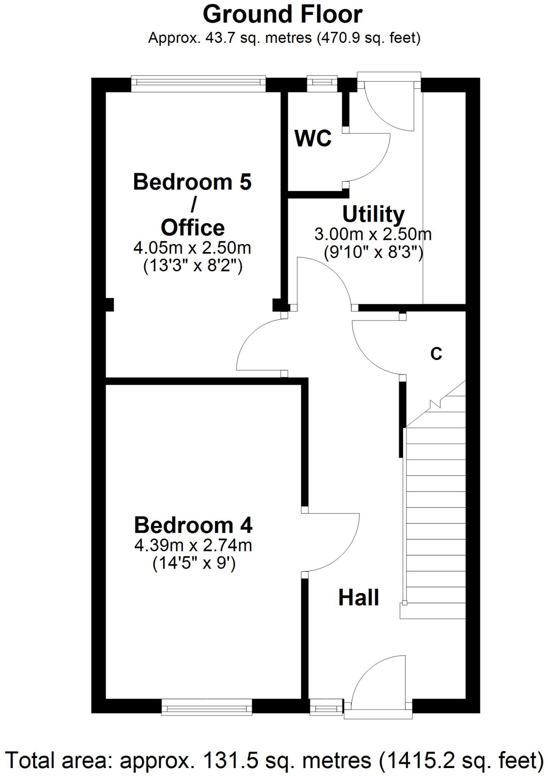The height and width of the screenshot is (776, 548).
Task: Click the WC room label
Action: (313, 138)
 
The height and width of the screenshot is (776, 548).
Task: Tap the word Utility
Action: (373, 214)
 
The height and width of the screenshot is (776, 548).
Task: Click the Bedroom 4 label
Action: (193, 525)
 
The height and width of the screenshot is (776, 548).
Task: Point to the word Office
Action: (193, 228)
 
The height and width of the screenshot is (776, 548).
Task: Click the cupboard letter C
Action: (436, 354)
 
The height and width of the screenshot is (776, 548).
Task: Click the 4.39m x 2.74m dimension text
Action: (193, 546)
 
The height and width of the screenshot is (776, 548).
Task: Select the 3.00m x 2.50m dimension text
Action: (373, 235)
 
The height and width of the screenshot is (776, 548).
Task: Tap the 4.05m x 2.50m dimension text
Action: (192, 248)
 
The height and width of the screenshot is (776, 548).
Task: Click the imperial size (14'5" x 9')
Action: (194, 564)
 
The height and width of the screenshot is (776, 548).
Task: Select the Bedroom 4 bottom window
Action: (207, 707)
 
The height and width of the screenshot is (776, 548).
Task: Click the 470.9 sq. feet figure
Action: (368, 38)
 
